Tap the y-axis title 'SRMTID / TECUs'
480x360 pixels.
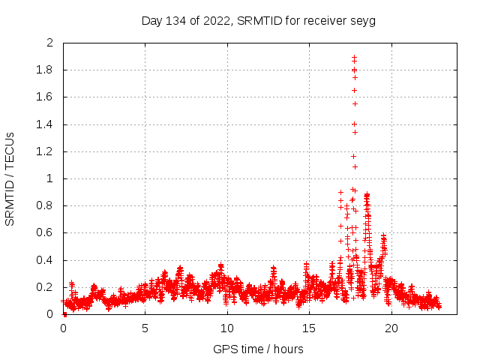click(x=10, y=178)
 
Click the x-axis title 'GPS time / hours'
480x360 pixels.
click(x=259, y=349)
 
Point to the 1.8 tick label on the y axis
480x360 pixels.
click(x=46, y=70)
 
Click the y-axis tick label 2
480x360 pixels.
click(x=50, y=43)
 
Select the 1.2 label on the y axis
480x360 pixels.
click(x=46, y=151)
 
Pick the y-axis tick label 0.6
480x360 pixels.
click(x=46, y=233)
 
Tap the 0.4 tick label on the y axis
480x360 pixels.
click(x=46, y=260)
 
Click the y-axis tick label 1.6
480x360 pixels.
click(x=46, y=97)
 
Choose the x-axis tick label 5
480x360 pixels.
click(x=145, y=328)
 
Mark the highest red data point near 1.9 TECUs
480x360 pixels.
click(x=354, y=56)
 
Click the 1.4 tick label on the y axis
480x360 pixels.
click(x=46, y=124)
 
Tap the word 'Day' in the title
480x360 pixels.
click(x=152, y=20)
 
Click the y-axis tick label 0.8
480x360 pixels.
click(x=46, y=206)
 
